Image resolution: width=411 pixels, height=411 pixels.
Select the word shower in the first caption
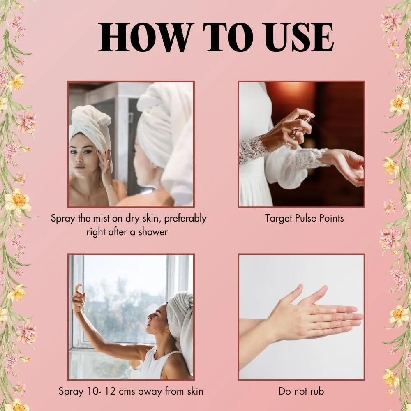click(x=153, y=232)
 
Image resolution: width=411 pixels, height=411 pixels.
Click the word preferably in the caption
click(x=185, y=219)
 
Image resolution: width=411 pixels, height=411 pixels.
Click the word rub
click(x=317, y=391)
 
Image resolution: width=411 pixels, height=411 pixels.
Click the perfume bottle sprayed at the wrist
click(x=301, y=126)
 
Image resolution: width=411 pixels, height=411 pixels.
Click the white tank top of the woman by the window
click(x=157, y=364)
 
